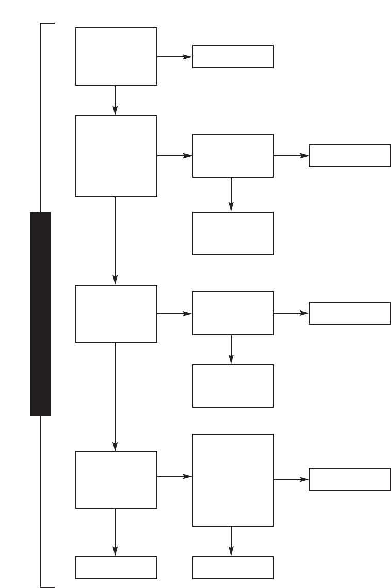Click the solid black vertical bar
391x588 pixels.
[40, 314]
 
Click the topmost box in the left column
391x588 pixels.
[116, 57]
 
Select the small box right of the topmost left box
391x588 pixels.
[233, 57]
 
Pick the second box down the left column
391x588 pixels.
[116, 156]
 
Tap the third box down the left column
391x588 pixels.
[116, 314]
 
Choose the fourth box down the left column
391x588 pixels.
[116, 479]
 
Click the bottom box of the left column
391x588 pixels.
[116, 567]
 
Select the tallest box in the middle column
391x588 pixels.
[233, 480]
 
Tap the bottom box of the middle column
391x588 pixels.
[233, 567]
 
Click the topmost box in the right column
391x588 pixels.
[350, 155]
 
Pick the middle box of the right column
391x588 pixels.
[350, 313]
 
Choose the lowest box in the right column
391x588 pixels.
[350, 479]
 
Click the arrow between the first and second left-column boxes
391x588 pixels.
[115, 100]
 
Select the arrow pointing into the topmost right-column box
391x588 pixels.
[291, 155]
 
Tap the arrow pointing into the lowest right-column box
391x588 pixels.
[291, 479]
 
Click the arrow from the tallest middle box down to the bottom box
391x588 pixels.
[231, 541]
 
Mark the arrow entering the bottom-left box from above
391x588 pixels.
[115, 532]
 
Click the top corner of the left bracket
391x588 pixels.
[41, 24]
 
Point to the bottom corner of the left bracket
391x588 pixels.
[41, 586]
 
